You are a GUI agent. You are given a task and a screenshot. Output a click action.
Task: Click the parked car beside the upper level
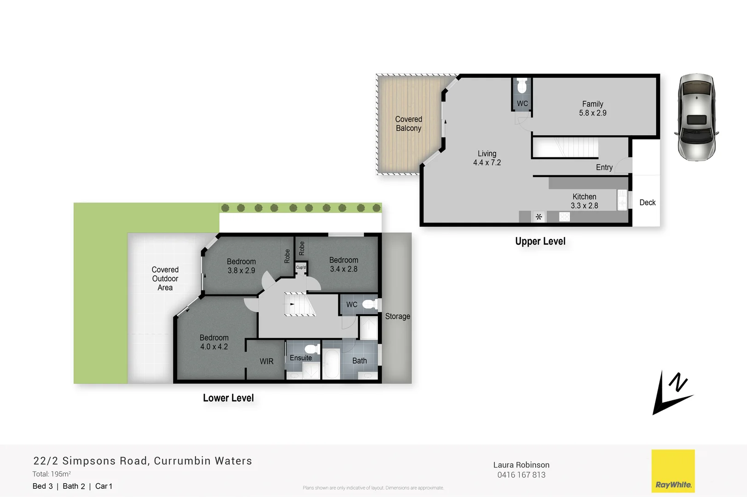(x=696, y=117)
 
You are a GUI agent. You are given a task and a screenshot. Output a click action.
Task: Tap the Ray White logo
(x=673, y=471)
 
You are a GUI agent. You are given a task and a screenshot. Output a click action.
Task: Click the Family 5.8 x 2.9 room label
(x=592, y=109)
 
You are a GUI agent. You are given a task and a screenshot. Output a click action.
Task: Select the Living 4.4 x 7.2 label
(x=486, y=158)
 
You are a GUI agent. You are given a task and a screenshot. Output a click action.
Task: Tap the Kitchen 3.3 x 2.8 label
(x=584, y=201)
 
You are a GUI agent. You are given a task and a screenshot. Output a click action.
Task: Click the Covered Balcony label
(x=408, y=124)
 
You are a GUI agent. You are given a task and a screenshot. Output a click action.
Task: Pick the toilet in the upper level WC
(x=522, y=86)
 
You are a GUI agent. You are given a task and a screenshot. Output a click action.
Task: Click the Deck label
(x=647, y=202)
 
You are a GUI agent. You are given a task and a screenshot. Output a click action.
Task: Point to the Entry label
(x=604, y=168)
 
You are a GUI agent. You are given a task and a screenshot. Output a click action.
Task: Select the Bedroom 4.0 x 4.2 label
(x=214, y=342)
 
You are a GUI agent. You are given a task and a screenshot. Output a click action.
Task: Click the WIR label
(x=266, y=362)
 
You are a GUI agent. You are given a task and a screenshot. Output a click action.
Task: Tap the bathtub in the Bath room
(x=331, y=364)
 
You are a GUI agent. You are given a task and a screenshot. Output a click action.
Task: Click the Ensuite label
(x=301, y=358)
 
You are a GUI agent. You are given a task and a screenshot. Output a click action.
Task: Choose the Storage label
(x=397, y=317)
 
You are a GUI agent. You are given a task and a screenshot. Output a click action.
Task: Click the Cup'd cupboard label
(x=301, y=267)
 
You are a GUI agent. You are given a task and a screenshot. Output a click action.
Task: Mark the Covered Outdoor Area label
(x=165, y=278)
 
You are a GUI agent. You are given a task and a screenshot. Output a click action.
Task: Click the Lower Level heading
(x=228, y=398)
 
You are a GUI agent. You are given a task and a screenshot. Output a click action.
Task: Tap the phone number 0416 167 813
(x=521, y=475)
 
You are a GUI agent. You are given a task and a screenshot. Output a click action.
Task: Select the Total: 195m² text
(x=52, y=474)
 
